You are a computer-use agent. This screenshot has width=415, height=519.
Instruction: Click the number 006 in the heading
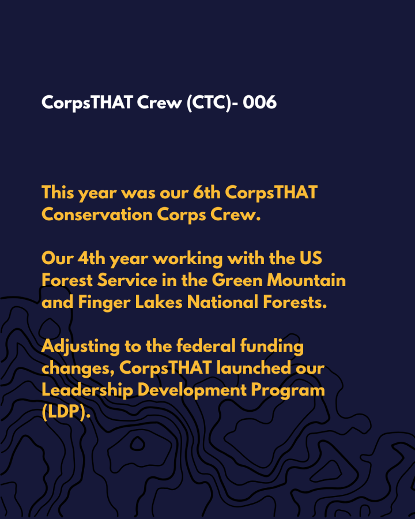coord(259,102)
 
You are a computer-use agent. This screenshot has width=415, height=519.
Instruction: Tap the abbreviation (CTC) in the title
coord(209,103)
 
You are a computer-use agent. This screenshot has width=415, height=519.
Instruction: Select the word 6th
coord(206,192)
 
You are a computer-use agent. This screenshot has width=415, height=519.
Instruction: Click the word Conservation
coord(97,215)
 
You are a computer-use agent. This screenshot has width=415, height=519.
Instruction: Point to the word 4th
coord(91,258)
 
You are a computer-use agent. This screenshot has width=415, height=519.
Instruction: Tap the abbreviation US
coord(311,258)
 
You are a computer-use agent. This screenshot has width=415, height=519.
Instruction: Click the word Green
coord(237,280)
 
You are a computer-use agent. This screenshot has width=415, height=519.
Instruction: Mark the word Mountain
coord(306,280)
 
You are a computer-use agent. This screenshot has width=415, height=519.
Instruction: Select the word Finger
coord(104,303)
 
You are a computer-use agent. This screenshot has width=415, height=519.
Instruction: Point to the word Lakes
coord(159,302)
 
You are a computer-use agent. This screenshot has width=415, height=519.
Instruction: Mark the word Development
coord(192,390)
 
